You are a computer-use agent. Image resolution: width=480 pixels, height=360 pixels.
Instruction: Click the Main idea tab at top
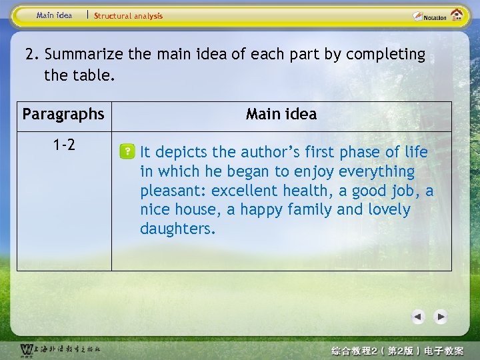click(55, 15)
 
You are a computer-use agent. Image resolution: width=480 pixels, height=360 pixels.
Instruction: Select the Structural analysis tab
click(128, 16)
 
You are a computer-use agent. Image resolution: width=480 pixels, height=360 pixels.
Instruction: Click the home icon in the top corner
click(457, 15)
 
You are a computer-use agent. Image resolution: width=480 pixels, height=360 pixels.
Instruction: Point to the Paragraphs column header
click(63, 115)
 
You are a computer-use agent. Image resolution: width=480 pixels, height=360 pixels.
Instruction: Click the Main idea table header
click(281, 115)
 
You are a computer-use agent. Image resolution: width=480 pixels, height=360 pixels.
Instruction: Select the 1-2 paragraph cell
click(63, 145)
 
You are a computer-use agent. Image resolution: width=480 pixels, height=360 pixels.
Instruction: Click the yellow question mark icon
click(127, 153)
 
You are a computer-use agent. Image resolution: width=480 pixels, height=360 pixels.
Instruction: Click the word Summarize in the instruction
click(84, 55)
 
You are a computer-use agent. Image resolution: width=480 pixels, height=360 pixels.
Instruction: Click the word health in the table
click(305, 191)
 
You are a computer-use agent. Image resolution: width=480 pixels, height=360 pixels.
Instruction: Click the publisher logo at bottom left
click(60, 349)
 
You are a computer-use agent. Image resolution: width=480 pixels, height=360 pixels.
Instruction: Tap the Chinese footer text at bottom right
click(407, 351)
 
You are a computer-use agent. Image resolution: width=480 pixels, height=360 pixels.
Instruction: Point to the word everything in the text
click(377, 172)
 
